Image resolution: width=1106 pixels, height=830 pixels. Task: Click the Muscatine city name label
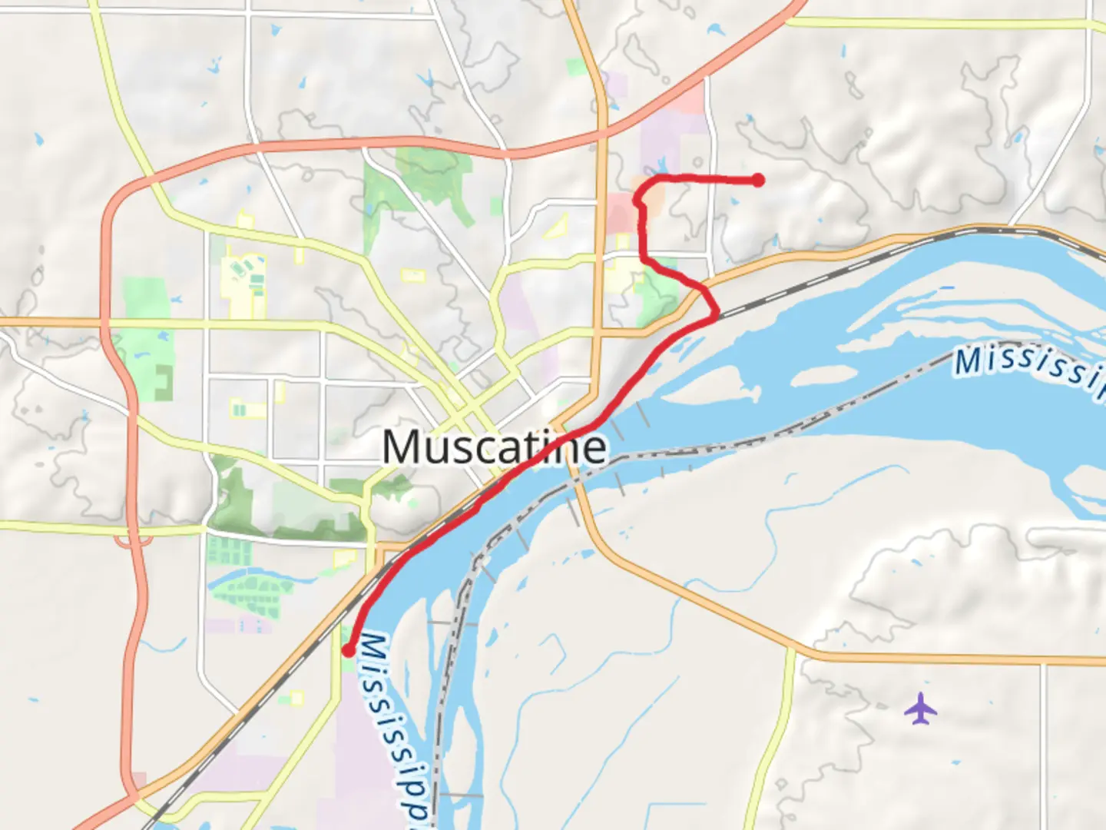494,447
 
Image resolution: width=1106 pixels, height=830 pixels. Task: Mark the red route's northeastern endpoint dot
758,181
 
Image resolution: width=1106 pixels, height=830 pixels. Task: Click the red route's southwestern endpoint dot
348,651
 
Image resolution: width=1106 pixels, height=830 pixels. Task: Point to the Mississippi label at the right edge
1029,369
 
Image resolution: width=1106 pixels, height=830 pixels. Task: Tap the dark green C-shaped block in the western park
163,383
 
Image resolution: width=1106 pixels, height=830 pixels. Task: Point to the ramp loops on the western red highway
132,542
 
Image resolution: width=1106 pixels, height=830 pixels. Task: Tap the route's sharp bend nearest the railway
716,314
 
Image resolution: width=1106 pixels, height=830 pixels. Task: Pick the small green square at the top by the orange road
576,67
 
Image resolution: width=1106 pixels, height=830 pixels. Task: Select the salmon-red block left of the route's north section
621,212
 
